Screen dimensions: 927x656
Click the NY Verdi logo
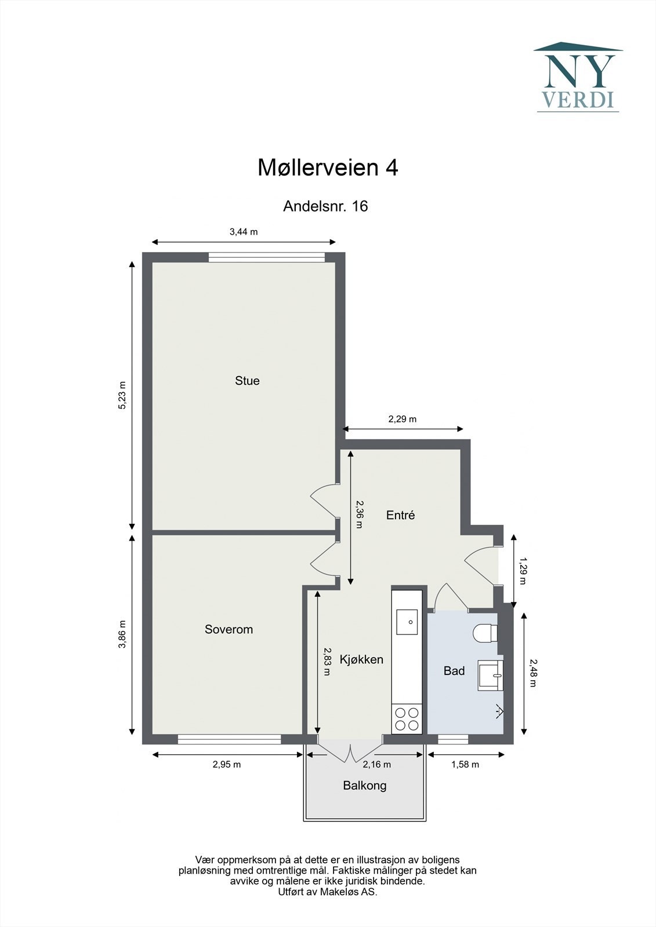(578, 76)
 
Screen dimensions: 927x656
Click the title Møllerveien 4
(328, 168)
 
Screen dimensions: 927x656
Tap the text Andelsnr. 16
(325, 206)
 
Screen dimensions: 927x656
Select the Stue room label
(247, 381)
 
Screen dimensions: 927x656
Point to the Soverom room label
(229, 629)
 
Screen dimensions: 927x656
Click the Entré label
(400, 515)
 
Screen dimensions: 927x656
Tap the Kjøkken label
(361, 659)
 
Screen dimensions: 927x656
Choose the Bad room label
(454, 671)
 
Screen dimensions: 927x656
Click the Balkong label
(364, 786)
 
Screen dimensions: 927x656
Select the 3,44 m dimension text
(244, 232)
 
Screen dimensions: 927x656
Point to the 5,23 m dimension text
(122, 396)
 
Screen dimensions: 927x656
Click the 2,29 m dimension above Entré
(402, 419)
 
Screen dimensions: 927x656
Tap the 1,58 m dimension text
(465, 764)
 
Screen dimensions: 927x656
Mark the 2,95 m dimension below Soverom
(226, 764)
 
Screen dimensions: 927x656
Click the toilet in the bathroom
(485, 633)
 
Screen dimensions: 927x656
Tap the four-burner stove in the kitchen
(407, 719)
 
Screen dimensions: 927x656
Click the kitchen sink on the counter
(407, 622)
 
